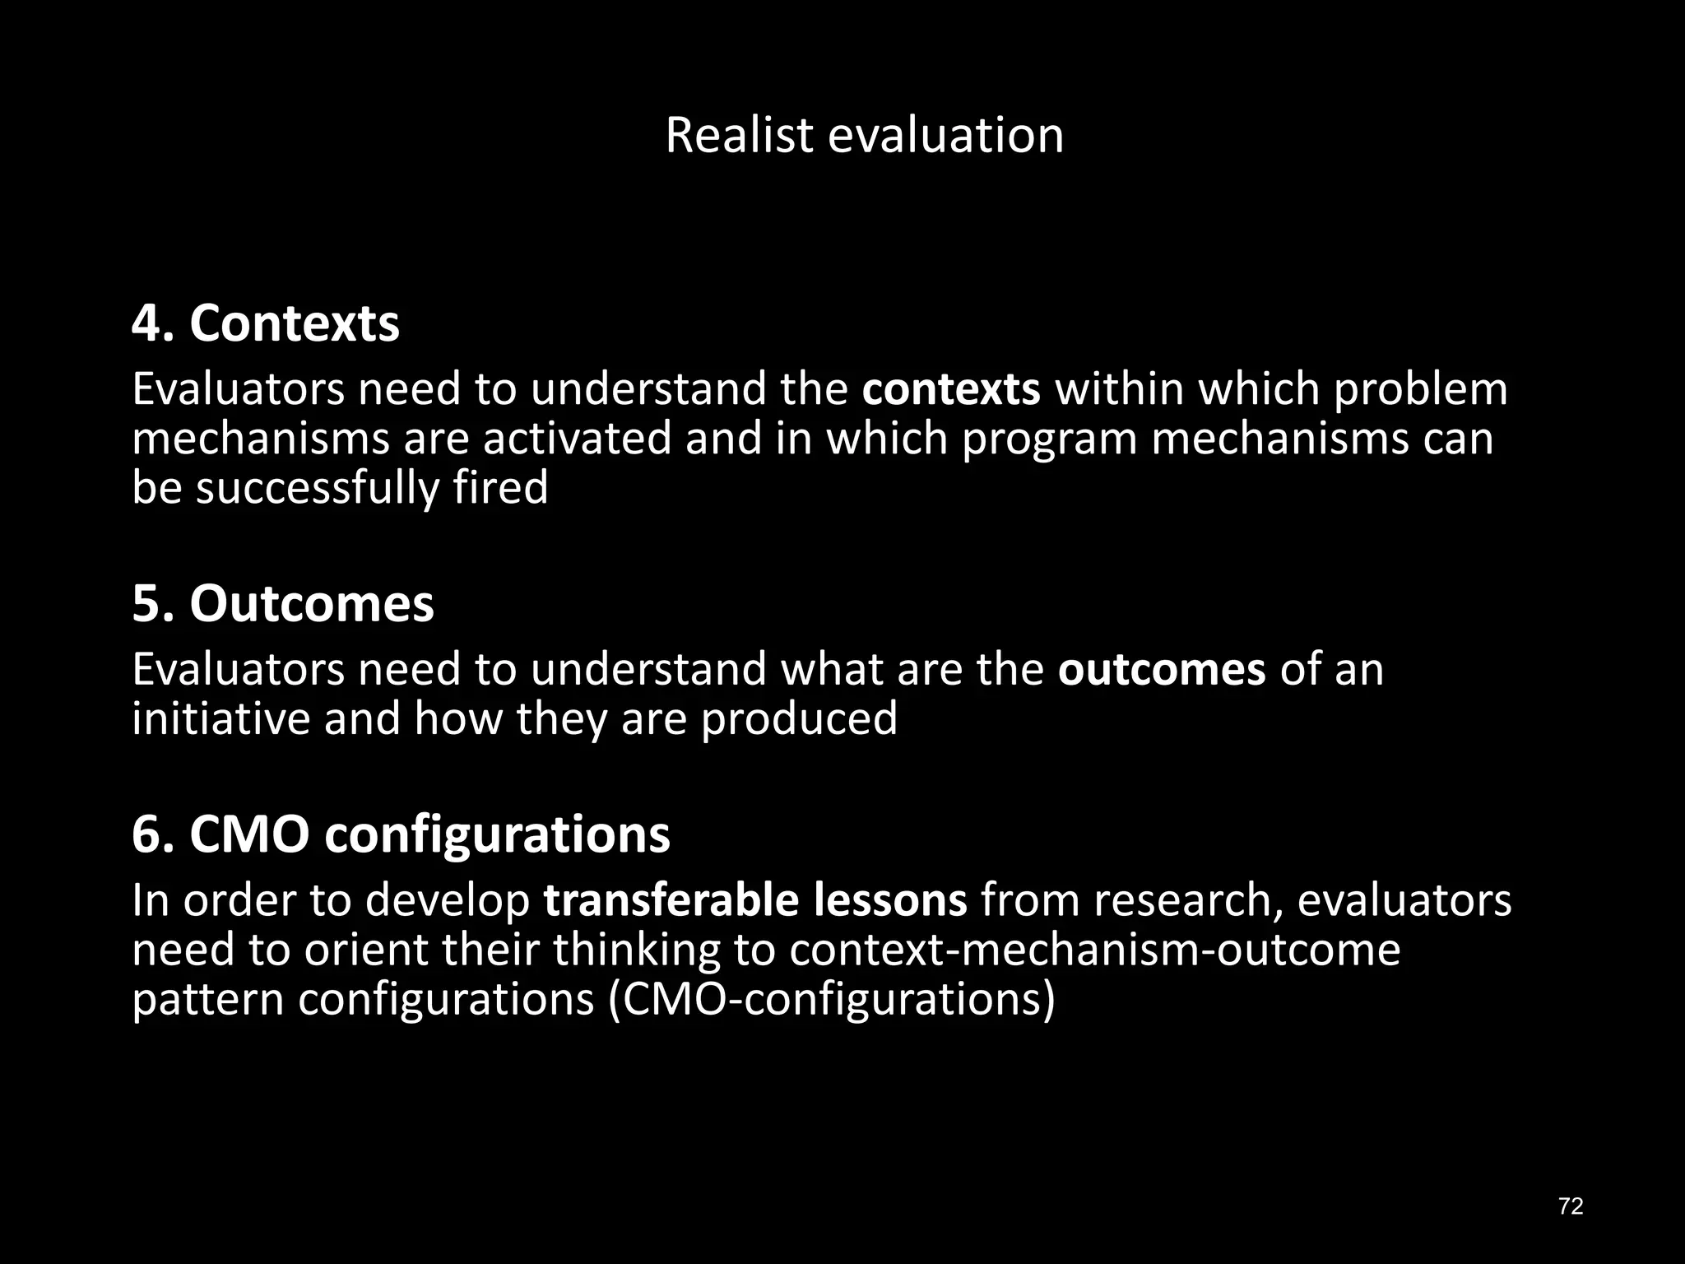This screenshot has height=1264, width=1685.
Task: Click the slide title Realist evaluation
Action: click(x=864, y=135)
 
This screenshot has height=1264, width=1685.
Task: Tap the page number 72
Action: click(x=1571, y=1206)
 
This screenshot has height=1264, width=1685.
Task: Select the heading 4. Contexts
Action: click(x=266, y=323)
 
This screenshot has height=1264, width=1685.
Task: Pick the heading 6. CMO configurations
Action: click(x=401, y=834)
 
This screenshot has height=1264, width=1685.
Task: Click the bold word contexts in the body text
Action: click(x=951, y=389)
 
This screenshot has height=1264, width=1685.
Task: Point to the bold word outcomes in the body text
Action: click(x=1161, y=669)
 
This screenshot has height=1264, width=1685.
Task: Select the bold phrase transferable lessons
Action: click(x=755, y=900)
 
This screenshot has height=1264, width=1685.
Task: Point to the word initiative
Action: click(x=220, y=718)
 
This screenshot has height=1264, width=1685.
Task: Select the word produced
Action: click(x=798, y=718)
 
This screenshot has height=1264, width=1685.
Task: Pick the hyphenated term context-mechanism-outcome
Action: click(x=1095, y=950)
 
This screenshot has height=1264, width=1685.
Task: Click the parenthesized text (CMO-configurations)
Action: click(x=831, y=999)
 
